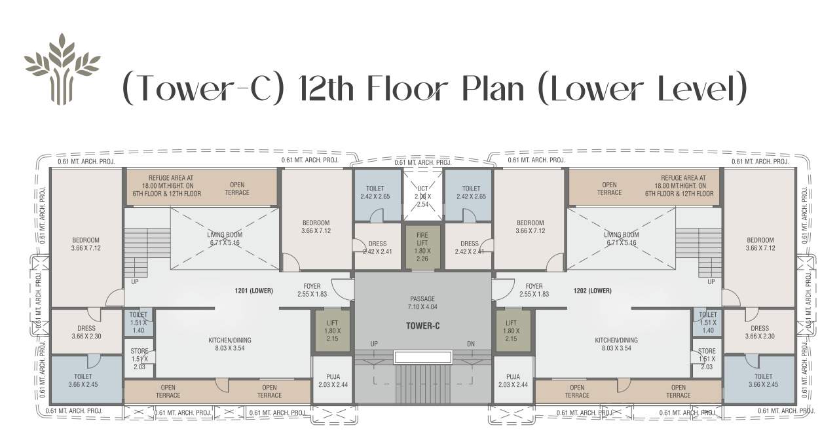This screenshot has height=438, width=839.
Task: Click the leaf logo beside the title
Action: pos(62,69)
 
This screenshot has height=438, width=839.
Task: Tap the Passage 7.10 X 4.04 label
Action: pos(422,303)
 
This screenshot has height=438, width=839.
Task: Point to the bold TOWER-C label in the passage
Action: pos(422,325)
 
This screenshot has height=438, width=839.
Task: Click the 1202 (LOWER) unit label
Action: pos(592,291)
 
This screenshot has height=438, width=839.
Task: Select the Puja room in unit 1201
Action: pos(332,380)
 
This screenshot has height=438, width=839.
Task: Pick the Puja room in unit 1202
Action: pos(513,380)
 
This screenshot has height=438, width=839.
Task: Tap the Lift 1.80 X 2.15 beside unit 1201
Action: pos(332,331)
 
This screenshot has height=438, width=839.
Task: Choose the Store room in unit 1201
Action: pos(138,358)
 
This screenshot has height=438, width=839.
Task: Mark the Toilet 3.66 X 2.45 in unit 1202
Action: pos(762,380)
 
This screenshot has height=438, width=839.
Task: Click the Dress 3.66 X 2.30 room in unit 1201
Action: pos(86,332)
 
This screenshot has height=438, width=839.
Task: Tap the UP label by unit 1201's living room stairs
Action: pos(136,282)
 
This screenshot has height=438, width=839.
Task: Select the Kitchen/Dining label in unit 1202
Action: pos(616,344)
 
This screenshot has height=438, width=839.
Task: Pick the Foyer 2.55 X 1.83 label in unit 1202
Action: pos(534,290)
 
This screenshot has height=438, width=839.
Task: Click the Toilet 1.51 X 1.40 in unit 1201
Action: pos(138,322)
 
